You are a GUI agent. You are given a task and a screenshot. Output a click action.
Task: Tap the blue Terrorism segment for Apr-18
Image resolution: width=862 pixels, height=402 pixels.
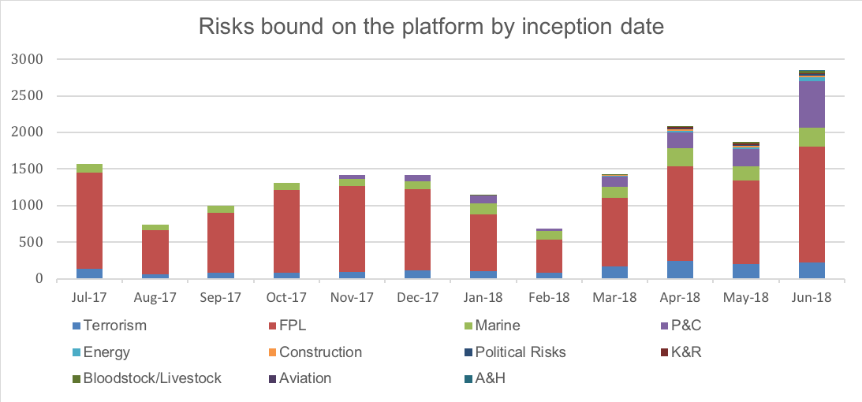click(x=680, y=270)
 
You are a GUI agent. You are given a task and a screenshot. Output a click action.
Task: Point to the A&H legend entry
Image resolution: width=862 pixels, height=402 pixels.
click(x=489, y=378)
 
